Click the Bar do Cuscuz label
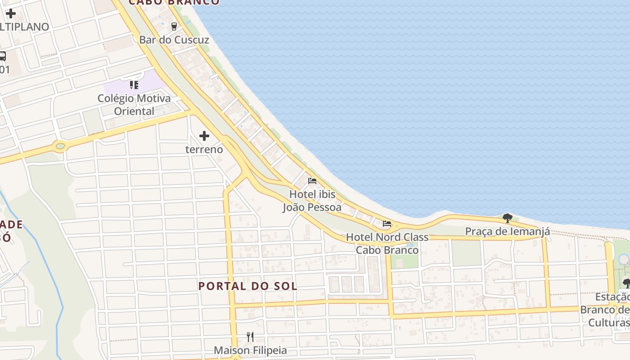174,40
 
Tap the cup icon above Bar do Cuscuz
174,26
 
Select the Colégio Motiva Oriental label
134,104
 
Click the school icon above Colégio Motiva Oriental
134,85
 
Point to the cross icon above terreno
204,135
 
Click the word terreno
204,149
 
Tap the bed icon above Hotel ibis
312,181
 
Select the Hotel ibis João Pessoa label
312,201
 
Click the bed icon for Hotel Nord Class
387,223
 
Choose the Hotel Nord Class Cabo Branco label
387,243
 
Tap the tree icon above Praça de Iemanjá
507,218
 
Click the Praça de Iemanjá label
507,232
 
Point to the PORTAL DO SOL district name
248,286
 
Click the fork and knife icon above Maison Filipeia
250,337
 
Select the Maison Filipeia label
250,350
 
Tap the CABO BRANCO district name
175,2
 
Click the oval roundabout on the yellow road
60,146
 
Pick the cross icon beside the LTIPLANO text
10,13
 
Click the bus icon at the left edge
2,56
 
